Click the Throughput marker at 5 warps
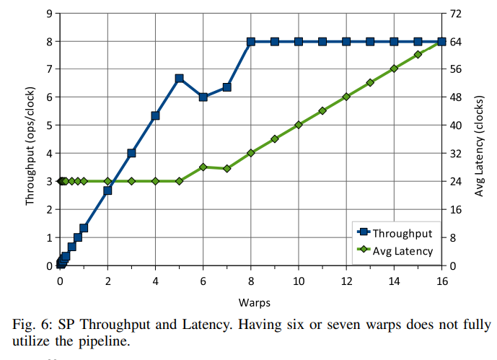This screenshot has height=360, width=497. point(180,79)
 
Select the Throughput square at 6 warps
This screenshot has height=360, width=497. point(203,97)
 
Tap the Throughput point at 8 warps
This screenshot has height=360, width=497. point(251,42)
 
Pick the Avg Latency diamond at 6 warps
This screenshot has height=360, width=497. point(203,167)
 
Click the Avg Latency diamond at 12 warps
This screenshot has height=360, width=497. point(346,97)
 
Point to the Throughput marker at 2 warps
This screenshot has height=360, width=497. point(108,190)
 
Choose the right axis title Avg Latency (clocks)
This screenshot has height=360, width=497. point(480,139)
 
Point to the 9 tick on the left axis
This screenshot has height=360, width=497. point(48,14)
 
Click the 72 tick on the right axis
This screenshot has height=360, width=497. point(457,14)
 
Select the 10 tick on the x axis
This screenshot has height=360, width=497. point(299,280)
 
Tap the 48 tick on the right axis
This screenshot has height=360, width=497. point(457,97)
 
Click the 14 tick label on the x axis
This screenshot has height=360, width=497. point(394,280)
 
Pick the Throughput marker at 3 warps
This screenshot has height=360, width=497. point(132,153)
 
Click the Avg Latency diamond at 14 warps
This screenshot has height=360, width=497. point(394,69)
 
